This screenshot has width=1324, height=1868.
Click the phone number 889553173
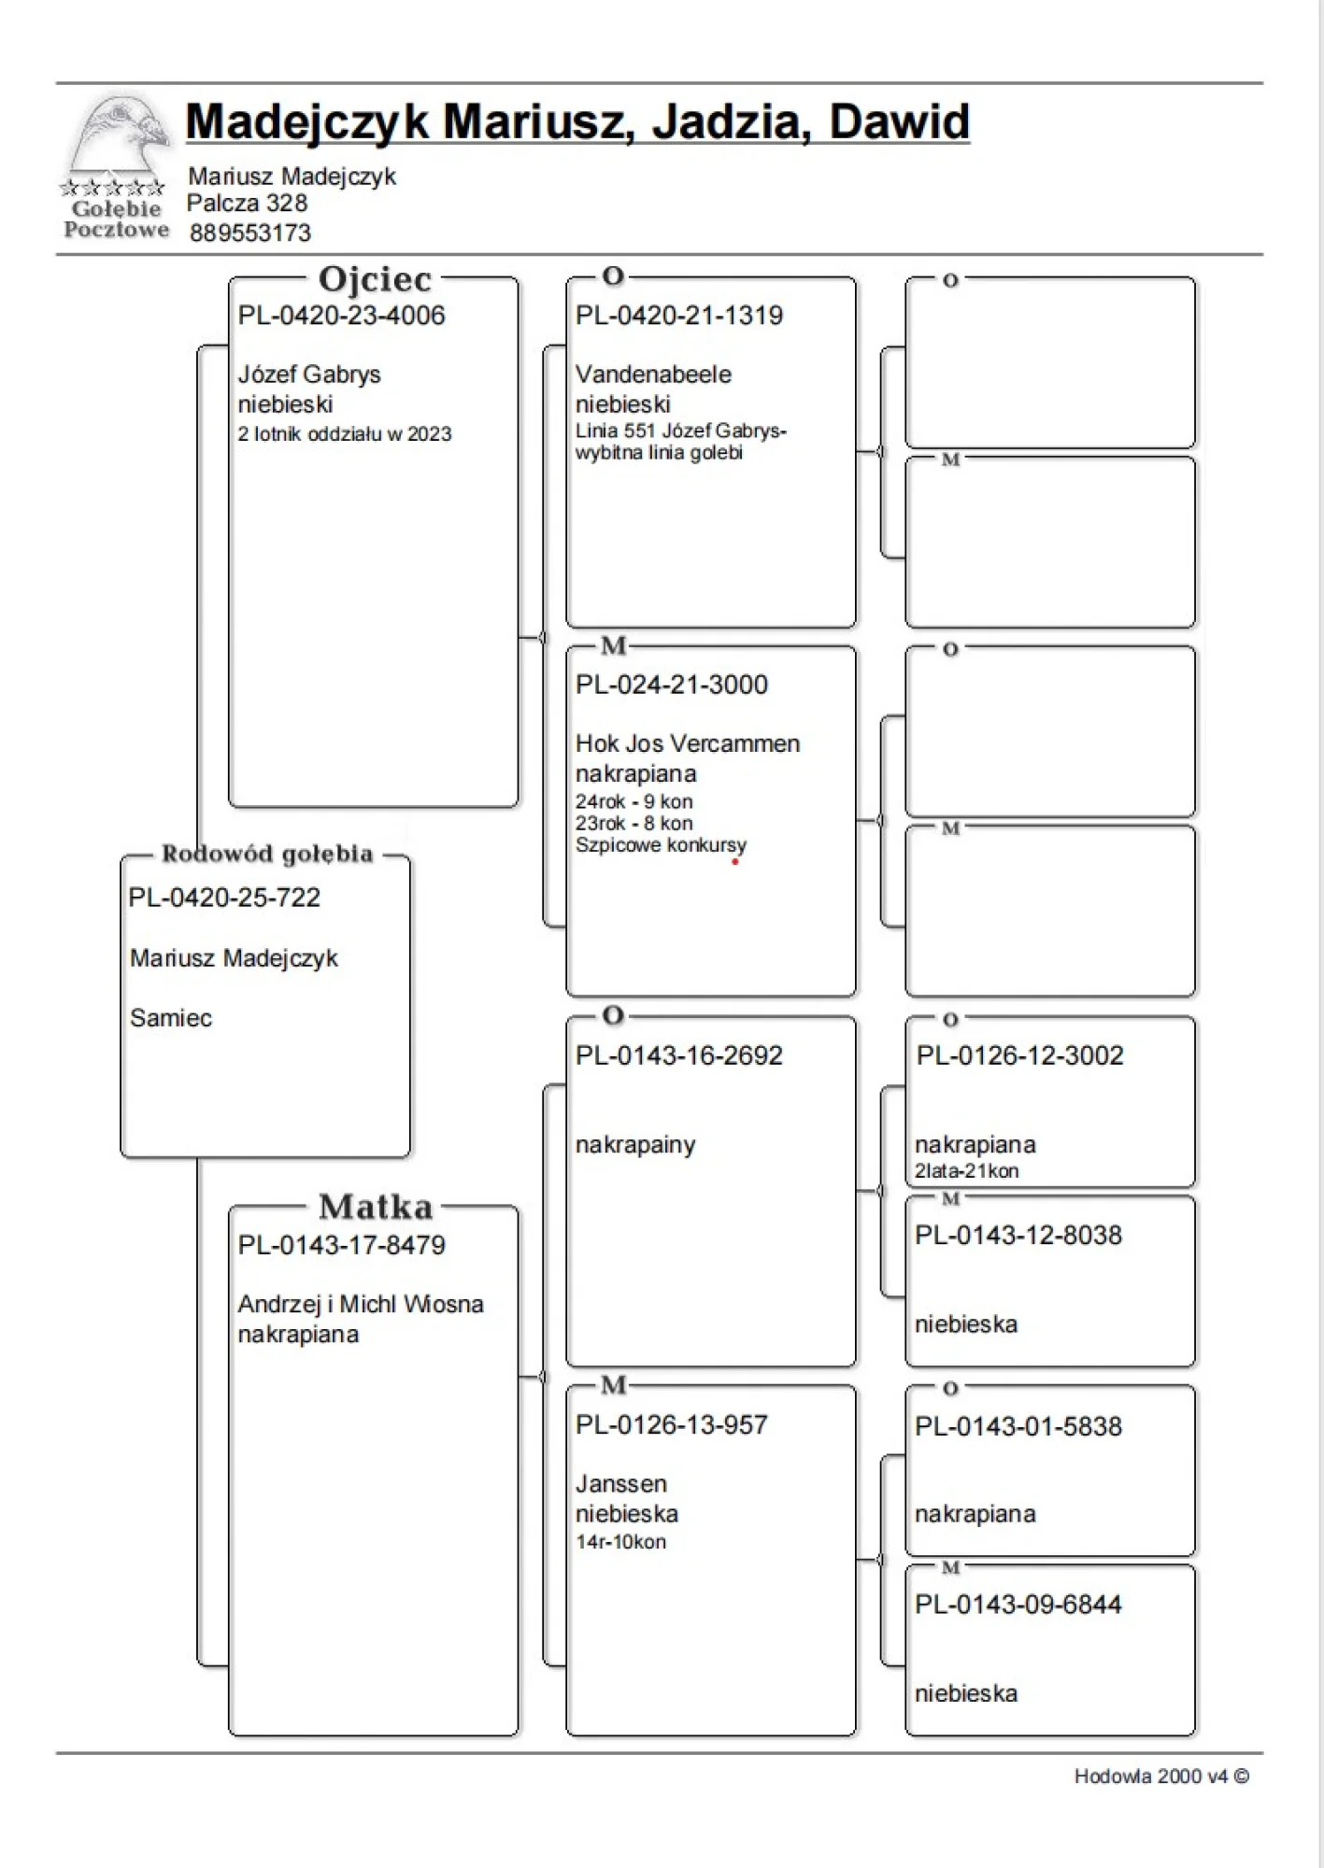249,233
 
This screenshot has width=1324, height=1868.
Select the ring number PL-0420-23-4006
341,316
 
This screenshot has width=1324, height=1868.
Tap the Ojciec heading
375,279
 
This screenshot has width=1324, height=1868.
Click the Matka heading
376,1207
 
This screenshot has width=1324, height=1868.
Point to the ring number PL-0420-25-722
224,898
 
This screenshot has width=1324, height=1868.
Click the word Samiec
171,1018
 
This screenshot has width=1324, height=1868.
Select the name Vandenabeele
653,375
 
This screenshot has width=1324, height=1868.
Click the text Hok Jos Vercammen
688,743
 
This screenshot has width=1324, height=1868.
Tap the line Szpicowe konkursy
661,845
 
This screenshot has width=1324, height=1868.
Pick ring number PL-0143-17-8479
341,1245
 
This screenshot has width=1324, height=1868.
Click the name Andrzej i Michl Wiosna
361,1304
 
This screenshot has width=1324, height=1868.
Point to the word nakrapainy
635,1145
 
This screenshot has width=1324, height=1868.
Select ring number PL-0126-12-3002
1019,1055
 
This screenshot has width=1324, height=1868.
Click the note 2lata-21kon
966,1171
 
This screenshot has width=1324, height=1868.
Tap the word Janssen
621,1484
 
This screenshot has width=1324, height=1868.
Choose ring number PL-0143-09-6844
1018,1605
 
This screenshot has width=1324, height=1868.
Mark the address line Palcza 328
247,204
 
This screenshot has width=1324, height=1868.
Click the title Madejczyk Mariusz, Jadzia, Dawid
577,121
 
